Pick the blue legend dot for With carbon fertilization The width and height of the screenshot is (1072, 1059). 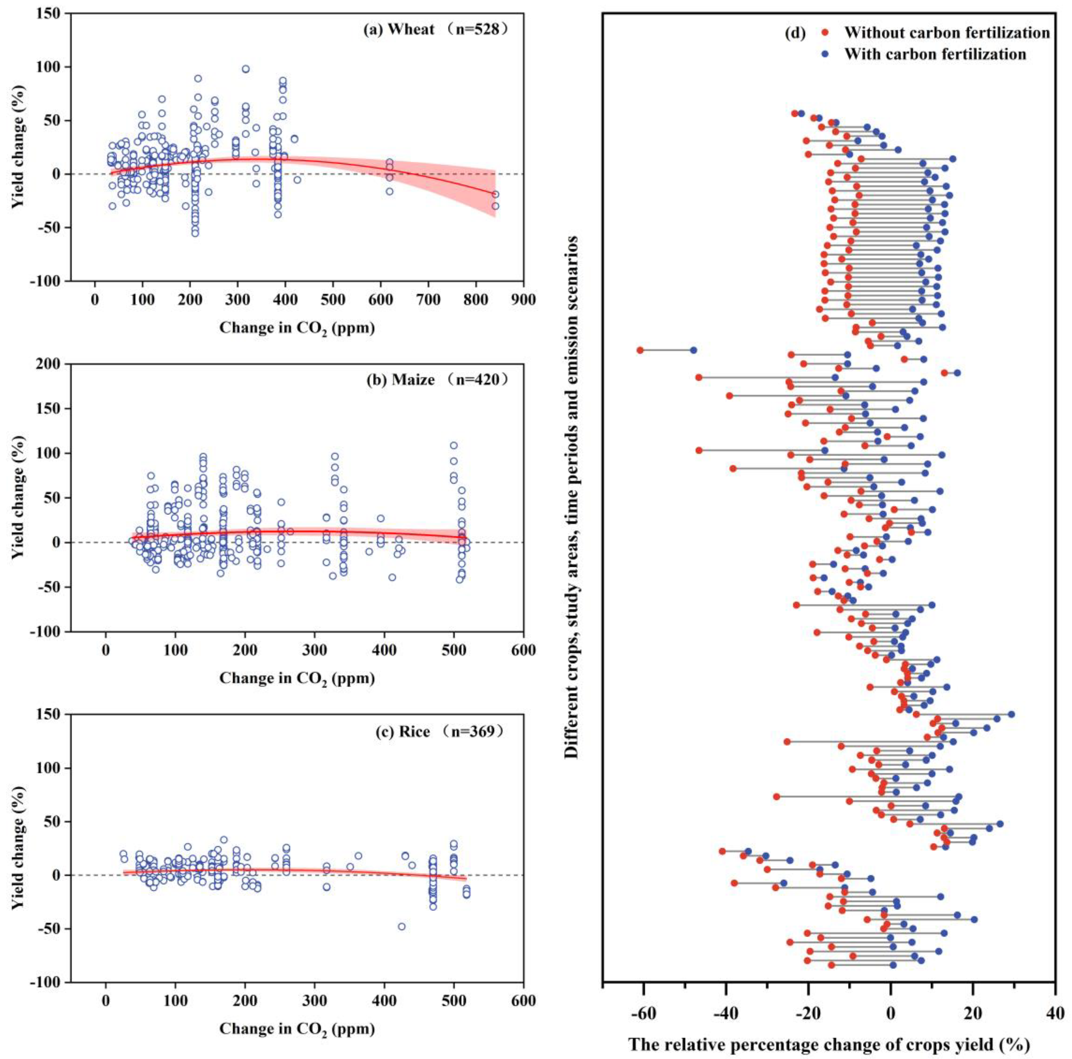(825, 54)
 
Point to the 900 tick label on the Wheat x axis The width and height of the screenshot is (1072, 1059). (523, 300)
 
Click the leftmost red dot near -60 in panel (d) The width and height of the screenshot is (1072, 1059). (640, 350)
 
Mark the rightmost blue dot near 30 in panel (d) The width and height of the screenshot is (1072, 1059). (1011, 714)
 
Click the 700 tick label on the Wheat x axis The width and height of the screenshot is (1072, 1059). (428, 300)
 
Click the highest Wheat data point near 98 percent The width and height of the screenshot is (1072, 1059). (245, 69)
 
